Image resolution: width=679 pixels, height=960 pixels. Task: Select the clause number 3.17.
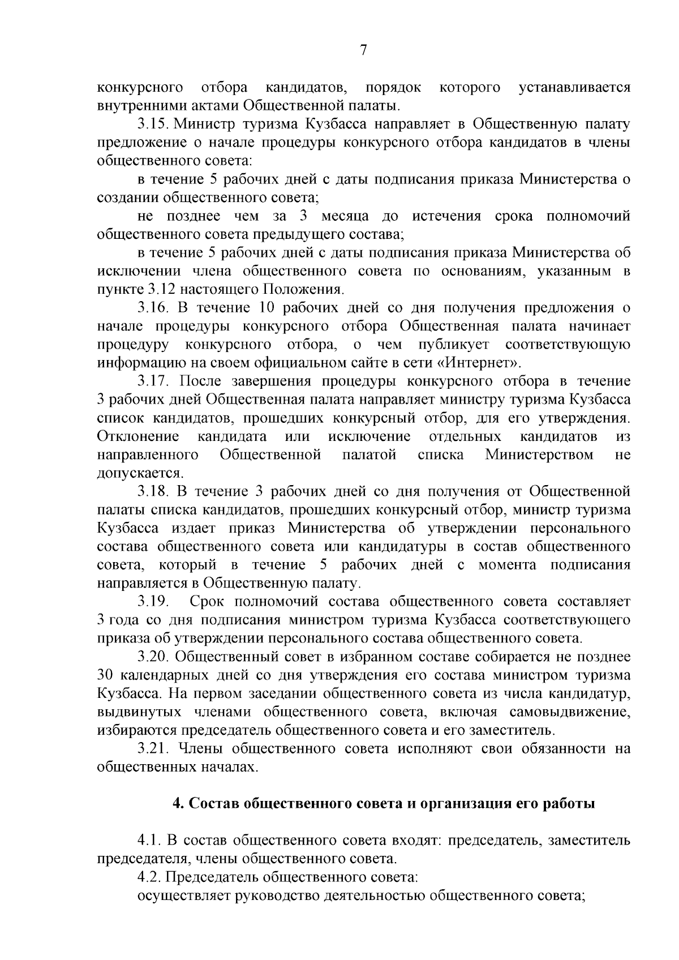[x=153, y=381]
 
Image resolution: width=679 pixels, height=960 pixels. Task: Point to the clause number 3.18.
[x=153, y=491]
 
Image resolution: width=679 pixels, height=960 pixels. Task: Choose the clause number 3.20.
[x=153, y=656]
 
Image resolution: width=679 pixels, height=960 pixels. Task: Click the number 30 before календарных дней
[x=106, y=675]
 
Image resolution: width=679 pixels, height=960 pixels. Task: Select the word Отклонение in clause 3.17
[x=138, y=436]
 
